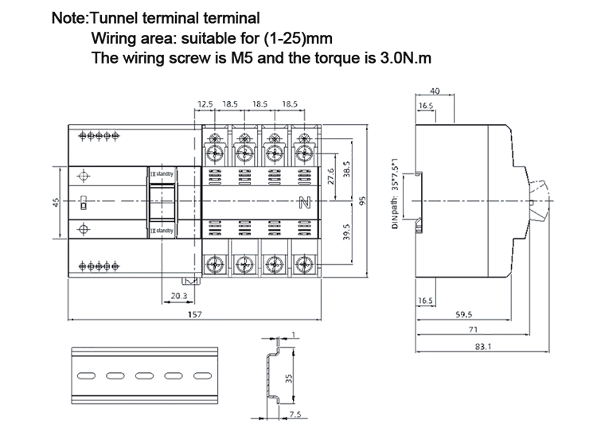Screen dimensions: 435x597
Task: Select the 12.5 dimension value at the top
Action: pyautogui.click(x=205, y=104)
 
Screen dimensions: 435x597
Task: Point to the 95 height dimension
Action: pyautogui.click(x=361, y=201)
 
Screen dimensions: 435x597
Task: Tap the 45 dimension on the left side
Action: pyautogui.click(x=56, y=202)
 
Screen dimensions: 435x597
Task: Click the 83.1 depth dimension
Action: pyautogui.click(x=482, y=346)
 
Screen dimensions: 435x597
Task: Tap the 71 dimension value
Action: pyautogui.click(x=471, y=329)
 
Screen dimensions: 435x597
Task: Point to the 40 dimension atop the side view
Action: pyautogui.click(x=435, y=91)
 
